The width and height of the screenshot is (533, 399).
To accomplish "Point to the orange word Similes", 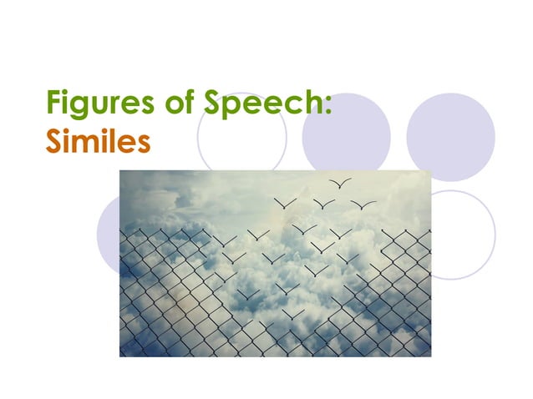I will coord(97,141).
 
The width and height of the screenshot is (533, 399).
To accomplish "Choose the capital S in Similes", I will coord(53,141).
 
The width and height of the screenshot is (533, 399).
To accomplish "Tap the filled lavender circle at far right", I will coord(450,136).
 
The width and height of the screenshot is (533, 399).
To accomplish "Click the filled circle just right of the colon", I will coord(346,136).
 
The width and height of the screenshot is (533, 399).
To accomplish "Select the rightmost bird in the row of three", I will coord(363,204).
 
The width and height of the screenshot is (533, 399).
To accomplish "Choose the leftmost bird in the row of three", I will coord(285,202).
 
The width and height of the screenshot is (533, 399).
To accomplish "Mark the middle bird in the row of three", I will coord(323,203).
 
